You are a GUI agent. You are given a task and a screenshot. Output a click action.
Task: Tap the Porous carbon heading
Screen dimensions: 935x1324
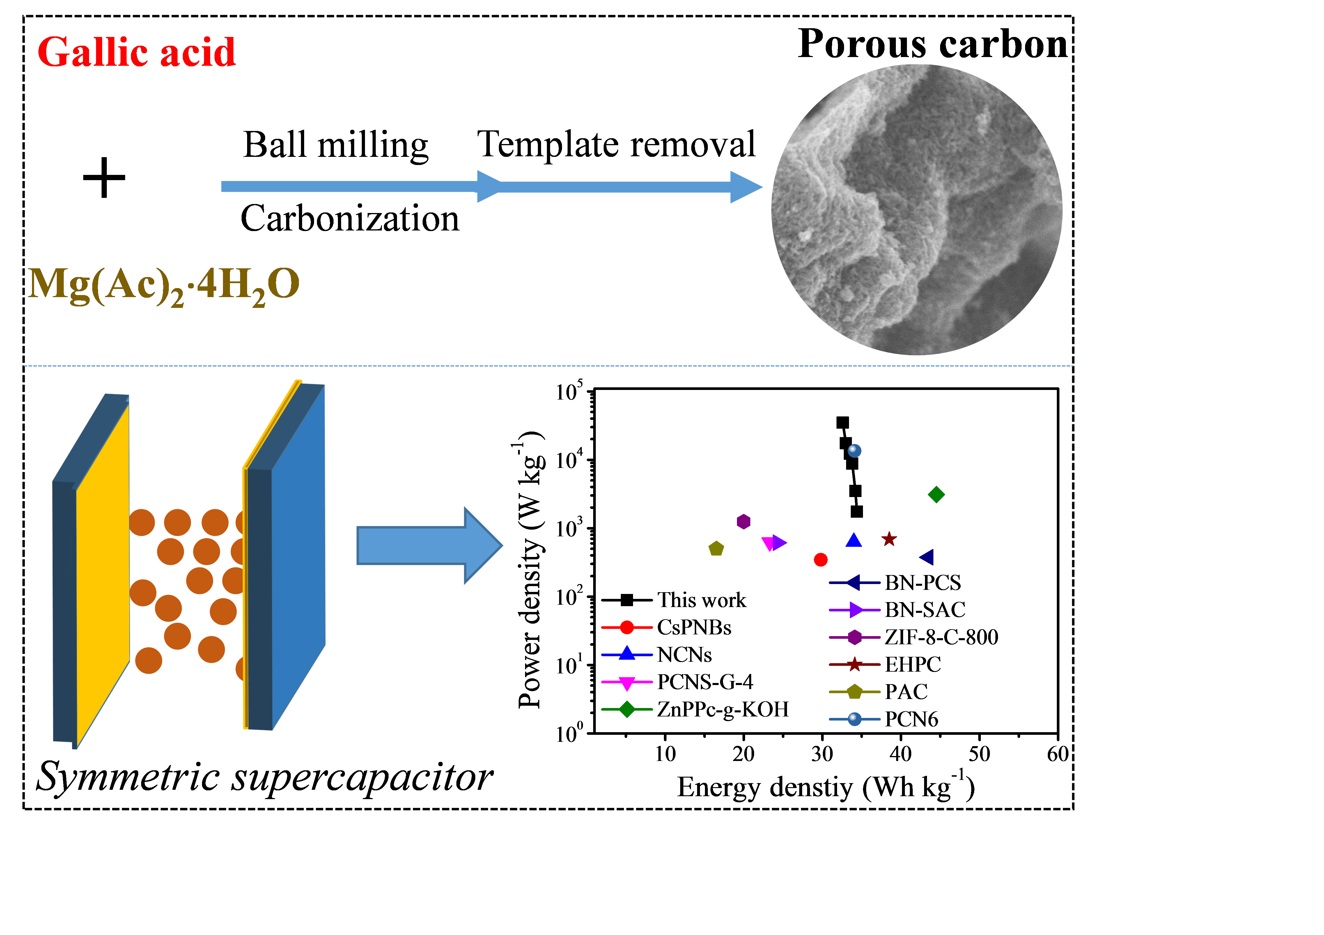(x=933, y=45)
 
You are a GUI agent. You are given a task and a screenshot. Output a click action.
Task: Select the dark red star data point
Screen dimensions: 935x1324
(x=889, y=539)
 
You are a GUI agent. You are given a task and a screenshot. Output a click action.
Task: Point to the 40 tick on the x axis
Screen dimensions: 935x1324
(x=901, y=753)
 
